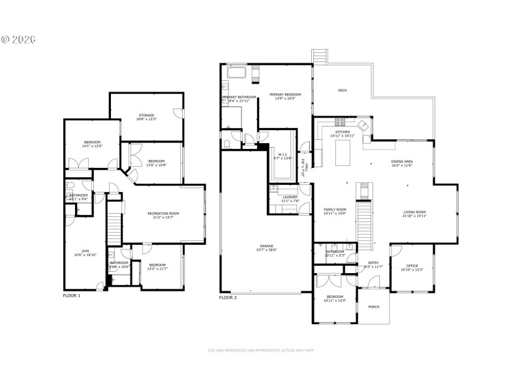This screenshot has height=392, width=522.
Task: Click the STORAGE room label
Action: (x=146, y=116)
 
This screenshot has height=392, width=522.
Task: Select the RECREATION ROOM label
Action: (x=163, y=214)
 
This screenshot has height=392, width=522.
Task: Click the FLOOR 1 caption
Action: (x=72, y=296)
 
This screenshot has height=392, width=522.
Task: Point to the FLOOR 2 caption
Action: (x=228, y=298)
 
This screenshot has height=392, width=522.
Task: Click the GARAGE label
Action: (x=265, y=246)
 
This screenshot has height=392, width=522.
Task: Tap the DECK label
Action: (x=342, y=91)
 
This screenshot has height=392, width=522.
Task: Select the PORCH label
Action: (x=374, y=306)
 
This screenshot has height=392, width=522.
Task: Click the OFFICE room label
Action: (x=411, y=266)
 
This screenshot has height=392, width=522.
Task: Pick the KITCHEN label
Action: (x=343, y=132)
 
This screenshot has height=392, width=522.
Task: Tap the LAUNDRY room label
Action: (x=290, y=197)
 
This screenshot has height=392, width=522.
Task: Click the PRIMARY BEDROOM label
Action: (x=285, y=95)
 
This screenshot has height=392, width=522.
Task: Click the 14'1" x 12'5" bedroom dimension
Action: (x=92, y=146)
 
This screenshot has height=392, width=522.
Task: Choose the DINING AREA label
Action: (x=402, y=161)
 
